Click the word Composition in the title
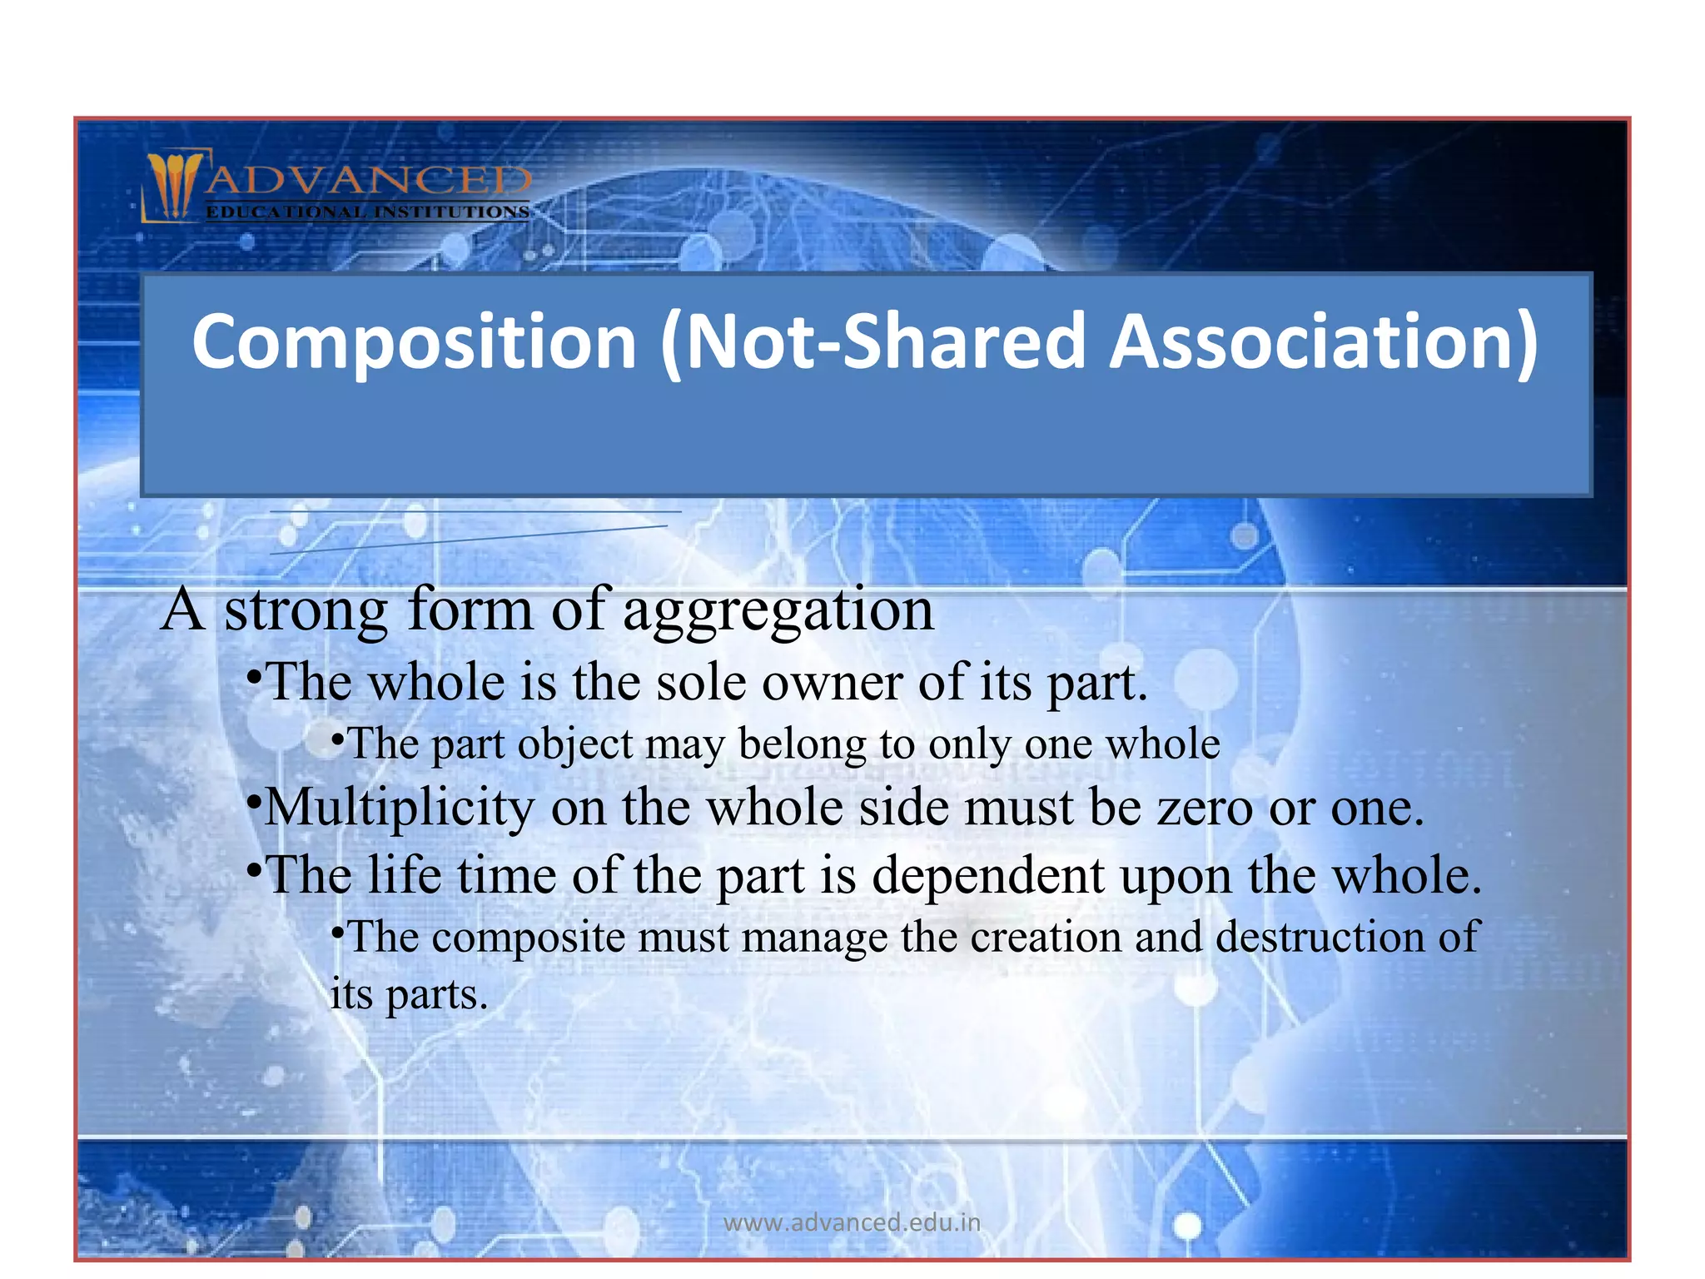coord(414,342)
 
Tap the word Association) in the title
coord(1324,342)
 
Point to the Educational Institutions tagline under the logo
coord(367,212)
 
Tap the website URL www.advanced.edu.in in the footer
coord(852,1222)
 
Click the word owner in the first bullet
coord(832,683)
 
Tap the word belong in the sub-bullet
coord(803,744)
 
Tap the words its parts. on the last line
coord(408,995)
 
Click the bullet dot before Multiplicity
coord(255,801)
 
